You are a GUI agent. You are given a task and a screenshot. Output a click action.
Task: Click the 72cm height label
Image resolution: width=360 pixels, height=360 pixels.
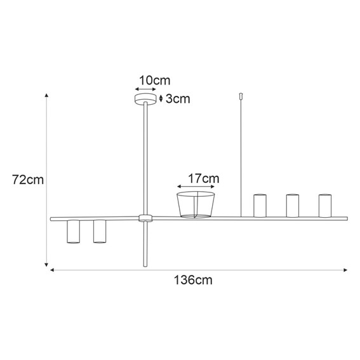(28, 179)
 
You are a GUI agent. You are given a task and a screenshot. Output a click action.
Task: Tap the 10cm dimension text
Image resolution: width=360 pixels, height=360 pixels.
(154, 80)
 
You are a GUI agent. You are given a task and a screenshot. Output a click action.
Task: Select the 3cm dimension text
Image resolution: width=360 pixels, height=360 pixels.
(177, 98)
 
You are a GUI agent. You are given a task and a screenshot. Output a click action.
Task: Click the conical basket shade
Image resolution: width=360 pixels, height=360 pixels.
(196, 204)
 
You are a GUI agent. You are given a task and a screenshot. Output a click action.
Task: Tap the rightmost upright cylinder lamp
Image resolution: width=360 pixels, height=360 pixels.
(325, 206)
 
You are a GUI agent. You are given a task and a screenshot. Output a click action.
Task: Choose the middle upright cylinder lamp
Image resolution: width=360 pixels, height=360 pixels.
(292, 206)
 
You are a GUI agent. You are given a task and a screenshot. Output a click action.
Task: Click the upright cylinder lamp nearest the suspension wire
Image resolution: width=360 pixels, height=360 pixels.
(259, 206)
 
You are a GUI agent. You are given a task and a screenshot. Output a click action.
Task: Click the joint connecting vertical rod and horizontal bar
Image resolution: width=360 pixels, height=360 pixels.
(145, 218)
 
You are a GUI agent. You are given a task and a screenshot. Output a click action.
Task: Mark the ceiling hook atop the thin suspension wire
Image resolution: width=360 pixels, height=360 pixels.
(240, 97)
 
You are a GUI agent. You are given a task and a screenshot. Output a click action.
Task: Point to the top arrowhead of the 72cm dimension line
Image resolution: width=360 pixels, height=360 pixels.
(46, 96)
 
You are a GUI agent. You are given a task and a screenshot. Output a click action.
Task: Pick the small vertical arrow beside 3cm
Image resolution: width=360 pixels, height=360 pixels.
(161, 98)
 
